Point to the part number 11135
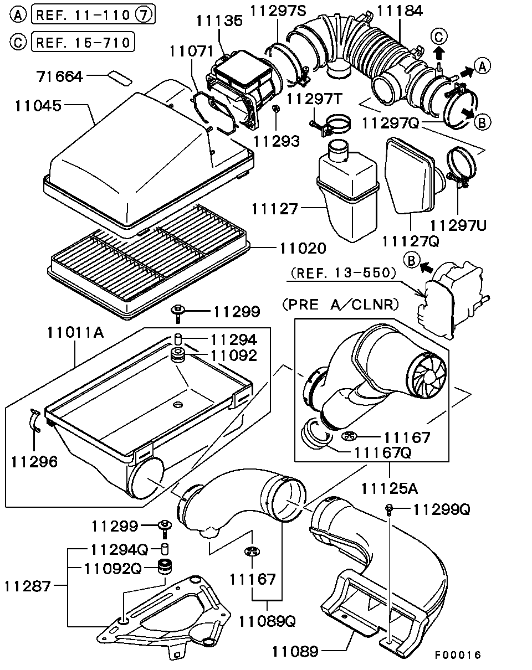click(x=219, y=21)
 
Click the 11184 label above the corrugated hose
click(x=400, y=10)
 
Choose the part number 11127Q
click(x=411, y=240)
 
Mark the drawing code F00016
click(x=457, y=655)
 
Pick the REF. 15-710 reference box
click(x=83, y=41)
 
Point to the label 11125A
click(x=390, y=488)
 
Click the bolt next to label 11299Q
click(x=390, y=508)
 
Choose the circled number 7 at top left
click(x=144, y=15)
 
